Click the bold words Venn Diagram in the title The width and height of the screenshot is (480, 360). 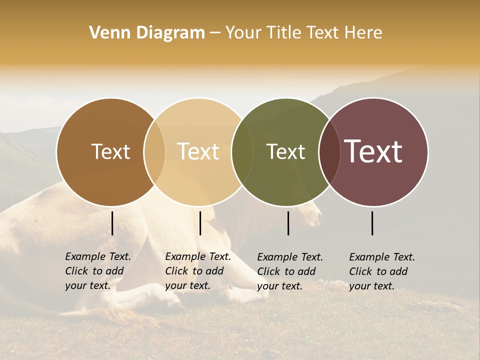147,33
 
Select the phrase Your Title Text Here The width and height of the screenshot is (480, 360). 303,33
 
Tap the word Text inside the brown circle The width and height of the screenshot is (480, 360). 110,151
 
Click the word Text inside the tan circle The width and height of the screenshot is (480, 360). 198,151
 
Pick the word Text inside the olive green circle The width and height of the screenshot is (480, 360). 285,151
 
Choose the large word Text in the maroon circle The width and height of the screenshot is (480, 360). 373,151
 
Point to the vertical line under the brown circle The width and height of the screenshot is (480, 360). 112,223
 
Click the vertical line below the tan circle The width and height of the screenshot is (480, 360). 200,223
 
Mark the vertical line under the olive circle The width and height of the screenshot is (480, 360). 288,223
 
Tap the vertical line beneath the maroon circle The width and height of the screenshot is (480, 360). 372,223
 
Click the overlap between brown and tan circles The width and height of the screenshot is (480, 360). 154,151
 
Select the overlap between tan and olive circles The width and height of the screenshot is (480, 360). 242,151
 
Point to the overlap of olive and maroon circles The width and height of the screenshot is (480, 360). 329,151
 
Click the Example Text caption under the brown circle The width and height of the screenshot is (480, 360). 98,271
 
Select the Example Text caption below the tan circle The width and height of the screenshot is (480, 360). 198,271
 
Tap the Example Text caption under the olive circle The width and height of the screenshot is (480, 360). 290,271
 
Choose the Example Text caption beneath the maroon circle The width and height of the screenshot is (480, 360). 382,271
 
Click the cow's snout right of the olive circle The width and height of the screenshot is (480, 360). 316,216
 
